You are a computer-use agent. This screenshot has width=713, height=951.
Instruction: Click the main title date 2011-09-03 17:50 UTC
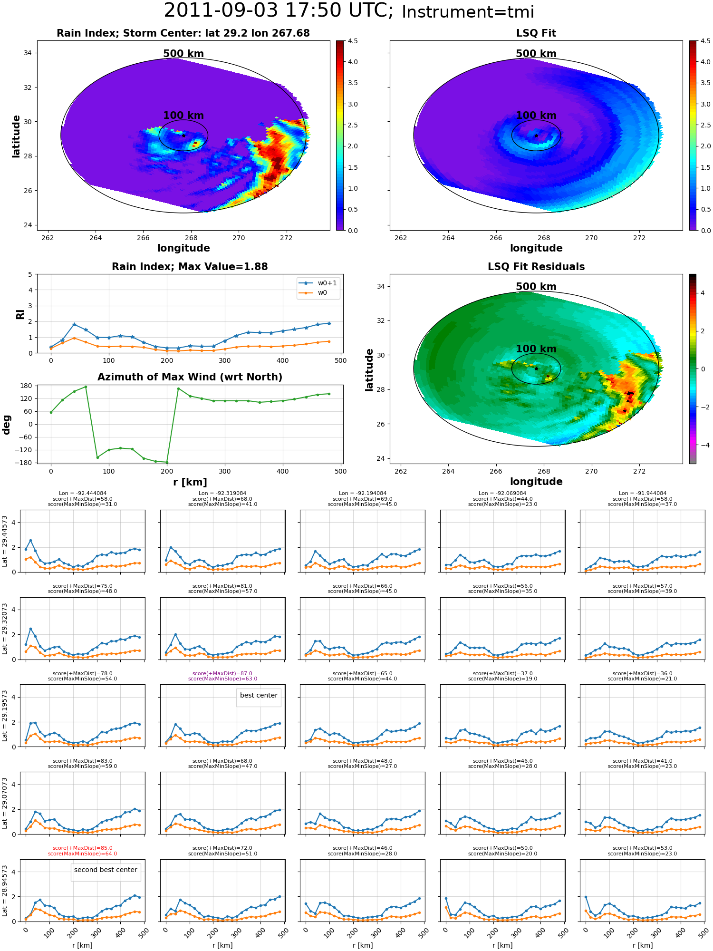coord(279,11)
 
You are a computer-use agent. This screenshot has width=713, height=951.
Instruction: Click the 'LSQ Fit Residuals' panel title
coord(536,267)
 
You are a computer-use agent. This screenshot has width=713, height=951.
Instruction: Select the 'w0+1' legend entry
coord(318,283)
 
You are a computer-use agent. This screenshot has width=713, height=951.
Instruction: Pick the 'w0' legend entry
coord(314,293)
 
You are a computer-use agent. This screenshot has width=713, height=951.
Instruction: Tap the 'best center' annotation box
coord(259,695)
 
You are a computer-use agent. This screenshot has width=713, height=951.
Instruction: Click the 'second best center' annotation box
coord(106,870)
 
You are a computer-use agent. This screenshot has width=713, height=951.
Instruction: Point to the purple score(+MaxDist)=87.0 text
coord(222,673)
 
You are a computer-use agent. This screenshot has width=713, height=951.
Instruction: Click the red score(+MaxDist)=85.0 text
coord(83,848)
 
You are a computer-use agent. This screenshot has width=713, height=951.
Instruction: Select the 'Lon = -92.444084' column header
coord(83,493)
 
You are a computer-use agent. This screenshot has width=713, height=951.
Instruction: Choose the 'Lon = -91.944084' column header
coord(643,493)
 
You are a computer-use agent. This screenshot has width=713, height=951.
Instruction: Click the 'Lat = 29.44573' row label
coord(5,541)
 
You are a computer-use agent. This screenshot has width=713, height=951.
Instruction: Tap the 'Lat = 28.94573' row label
coord(5,891)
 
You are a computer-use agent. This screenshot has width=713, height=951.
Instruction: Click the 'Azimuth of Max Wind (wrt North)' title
coord(190,377)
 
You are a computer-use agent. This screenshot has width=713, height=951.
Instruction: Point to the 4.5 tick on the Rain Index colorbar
coord(353,41)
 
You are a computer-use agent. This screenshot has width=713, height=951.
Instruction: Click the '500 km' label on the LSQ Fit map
coord(536,54)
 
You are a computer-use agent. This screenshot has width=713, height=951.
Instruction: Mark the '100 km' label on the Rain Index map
coord(183,116)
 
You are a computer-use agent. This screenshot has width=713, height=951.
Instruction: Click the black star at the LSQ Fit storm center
coord(536,136)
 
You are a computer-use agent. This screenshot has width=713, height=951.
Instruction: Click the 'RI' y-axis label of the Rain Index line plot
coord(20,314)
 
